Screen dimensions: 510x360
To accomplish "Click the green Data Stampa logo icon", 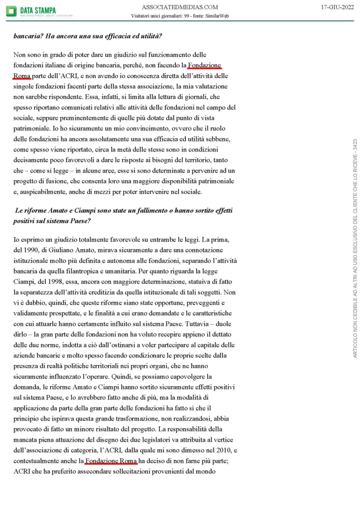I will (x=11, y=10).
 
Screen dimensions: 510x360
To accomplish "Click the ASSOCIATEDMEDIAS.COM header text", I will (x=180, y=7).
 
